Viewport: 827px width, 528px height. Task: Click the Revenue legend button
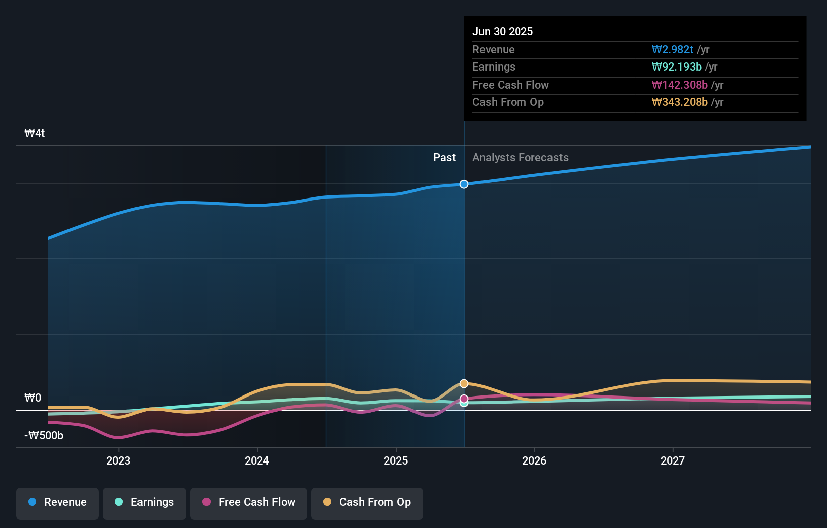click(57, 502)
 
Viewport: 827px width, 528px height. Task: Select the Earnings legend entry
click(145, 502)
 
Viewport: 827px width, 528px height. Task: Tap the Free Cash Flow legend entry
click(249, 502)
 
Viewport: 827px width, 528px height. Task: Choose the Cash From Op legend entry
click(367, 502)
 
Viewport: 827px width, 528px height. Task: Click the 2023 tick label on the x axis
click(118, 460)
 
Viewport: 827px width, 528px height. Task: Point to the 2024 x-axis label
click(257, 460)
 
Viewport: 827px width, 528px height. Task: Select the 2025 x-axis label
click(396, 460)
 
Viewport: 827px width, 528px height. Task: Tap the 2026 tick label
click(534, 460)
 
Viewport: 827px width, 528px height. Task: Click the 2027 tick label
click(673, 460)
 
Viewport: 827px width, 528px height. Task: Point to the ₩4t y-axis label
click(35, 134)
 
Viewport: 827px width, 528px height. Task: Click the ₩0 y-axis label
click(33, 398)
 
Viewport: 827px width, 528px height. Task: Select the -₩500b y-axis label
click(44, 436)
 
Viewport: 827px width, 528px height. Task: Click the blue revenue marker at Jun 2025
click(464, 184)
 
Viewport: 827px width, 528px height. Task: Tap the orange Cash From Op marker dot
click(464, 384)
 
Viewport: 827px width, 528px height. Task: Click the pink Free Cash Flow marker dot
click(464, 399)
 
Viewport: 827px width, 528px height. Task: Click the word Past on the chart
click(444, 158)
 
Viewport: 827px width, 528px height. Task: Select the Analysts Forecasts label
click(520, 158)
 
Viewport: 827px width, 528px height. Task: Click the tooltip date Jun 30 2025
click(503, 32)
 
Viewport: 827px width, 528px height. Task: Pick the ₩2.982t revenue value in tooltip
click(672, 50)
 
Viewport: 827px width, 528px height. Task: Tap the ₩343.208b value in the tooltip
click(679, 102)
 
